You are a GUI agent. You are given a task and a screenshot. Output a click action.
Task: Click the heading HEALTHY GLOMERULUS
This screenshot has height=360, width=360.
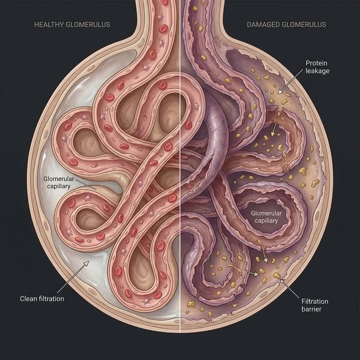(72, 25)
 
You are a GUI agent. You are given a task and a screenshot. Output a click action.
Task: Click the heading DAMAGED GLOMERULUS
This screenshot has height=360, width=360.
(286, 25)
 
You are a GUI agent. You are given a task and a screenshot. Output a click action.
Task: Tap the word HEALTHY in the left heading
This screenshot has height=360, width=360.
(49, 25)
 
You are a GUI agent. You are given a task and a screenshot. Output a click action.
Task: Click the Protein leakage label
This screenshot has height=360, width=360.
(317, 67)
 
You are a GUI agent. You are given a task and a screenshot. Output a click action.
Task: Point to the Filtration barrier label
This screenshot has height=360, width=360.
(314, 305)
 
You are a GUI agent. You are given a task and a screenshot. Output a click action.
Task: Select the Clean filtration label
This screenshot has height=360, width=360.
(42, 298)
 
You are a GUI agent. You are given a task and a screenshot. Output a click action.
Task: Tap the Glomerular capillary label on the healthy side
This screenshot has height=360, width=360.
(59, 182)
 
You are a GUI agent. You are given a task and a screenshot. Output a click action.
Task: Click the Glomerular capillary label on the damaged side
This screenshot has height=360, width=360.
(266, 217)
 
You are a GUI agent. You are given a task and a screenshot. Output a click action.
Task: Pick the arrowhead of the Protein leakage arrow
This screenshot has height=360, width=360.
(280, 92)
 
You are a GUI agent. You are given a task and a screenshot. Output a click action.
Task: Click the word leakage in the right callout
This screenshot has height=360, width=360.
(317, 71)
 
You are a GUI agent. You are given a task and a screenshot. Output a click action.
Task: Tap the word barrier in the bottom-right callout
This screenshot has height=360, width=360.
(311, 309)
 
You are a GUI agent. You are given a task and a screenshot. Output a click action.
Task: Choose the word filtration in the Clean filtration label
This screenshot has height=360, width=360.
(49, 298)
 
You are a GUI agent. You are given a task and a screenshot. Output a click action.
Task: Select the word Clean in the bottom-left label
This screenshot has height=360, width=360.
(26, 298)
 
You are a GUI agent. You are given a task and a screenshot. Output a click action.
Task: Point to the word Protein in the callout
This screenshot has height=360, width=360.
(316, 63)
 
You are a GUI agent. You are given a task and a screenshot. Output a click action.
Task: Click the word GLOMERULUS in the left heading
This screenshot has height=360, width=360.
(88, 25)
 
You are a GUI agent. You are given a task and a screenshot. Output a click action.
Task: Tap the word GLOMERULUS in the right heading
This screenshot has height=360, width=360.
(304, 25)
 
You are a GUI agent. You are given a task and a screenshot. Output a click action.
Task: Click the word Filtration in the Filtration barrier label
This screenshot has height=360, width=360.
(315, 301)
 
